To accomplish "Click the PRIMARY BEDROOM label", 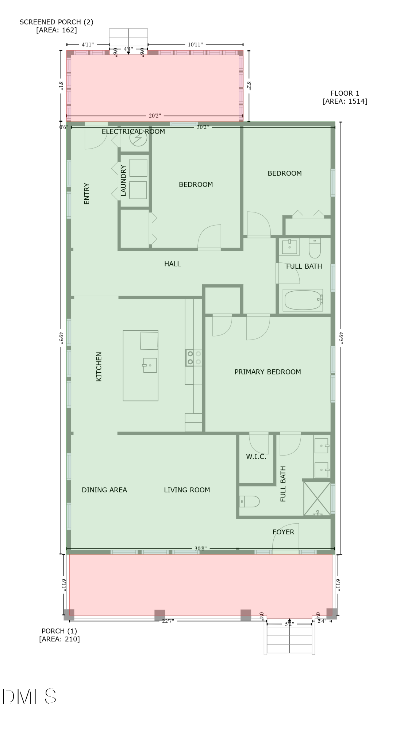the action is (268, 372).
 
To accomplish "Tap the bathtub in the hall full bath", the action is (303, 300).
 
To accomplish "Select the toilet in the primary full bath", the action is (249, 502).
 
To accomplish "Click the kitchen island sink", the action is (150, 365).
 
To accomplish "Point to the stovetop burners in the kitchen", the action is (194, 358).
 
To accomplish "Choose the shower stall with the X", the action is (317, 499).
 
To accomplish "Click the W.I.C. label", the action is (256, 457).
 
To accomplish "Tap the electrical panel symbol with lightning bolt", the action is (138, 138).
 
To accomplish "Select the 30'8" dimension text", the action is (200, 548).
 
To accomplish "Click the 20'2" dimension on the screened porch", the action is (155, 116).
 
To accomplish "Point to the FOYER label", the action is (283, 532).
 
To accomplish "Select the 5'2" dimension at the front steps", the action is (289, 624).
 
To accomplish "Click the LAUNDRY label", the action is (123, 180).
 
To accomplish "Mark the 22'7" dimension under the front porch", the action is (168, 621).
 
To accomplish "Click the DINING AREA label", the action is (104, 490).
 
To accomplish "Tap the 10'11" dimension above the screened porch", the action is (195, 45).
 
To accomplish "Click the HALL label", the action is (172, 264).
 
